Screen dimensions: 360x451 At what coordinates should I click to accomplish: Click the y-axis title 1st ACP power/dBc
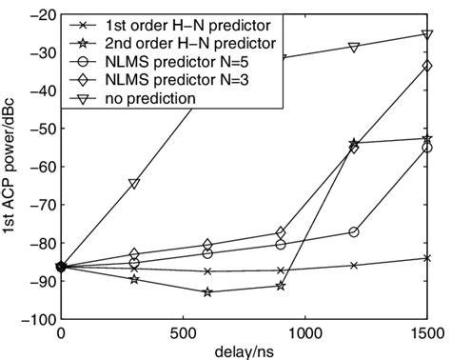[11, 168]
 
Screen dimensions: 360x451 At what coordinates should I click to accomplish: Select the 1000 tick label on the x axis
[304, 333]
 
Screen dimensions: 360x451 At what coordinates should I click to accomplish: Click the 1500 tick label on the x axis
[425, 333]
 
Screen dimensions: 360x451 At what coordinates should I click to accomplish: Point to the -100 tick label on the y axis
[38, 320]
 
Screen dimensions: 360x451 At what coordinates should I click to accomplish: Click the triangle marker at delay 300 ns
[134, 184]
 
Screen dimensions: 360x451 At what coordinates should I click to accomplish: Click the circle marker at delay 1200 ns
[354, 232]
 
